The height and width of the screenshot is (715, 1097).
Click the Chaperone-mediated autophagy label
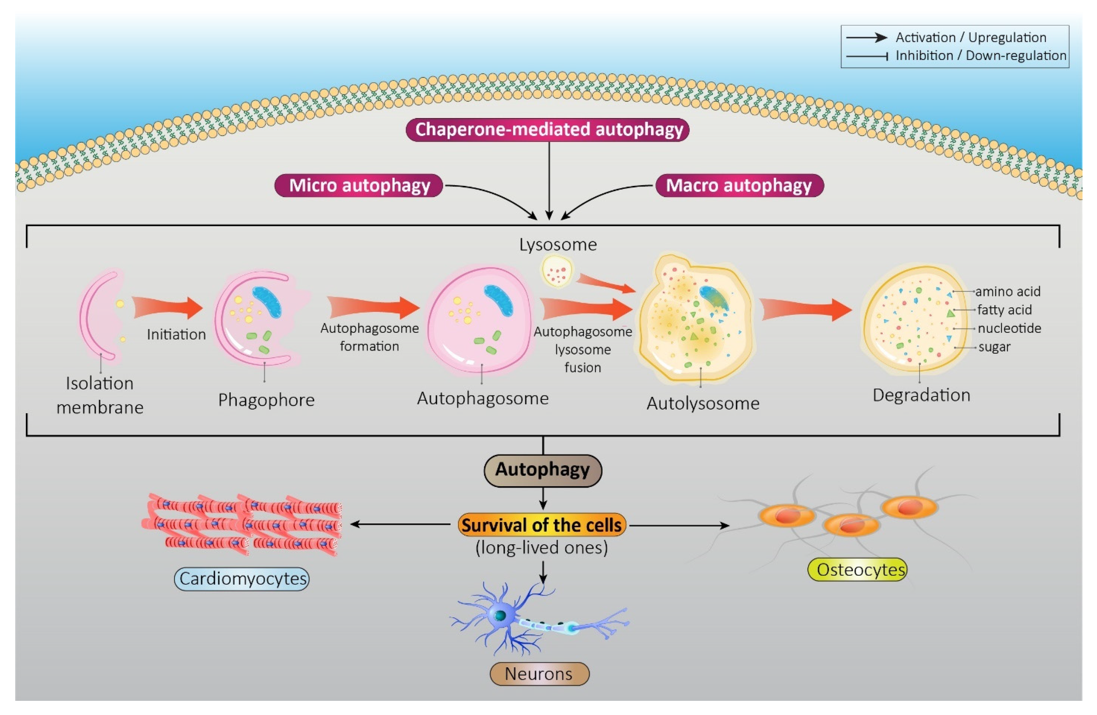coord(548,129)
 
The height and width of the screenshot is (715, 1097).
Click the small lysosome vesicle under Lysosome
coord(557,272)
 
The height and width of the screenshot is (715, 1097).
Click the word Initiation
coord(176,334)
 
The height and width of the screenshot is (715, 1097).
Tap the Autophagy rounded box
coord(543,470)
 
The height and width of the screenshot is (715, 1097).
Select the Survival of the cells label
coord(542,525)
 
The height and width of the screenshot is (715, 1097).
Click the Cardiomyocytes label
coord(242,579)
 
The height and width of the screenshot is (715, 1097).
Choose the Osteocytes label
coord(857,570)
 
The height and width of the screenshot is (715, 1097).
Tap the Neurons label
coord(539,674)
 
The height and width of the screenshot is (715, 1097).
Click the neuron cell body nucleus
coord(500,615)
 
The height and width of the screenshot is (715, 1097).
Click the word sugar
coord(994,346)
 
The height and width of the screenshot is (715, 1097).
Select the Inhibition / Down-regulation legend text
coord(981,56)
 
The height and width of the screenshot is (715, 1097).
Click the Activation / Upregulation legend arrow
coord(867,38)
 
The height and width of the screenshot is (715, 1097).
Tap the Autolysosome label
coord(703,404)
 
